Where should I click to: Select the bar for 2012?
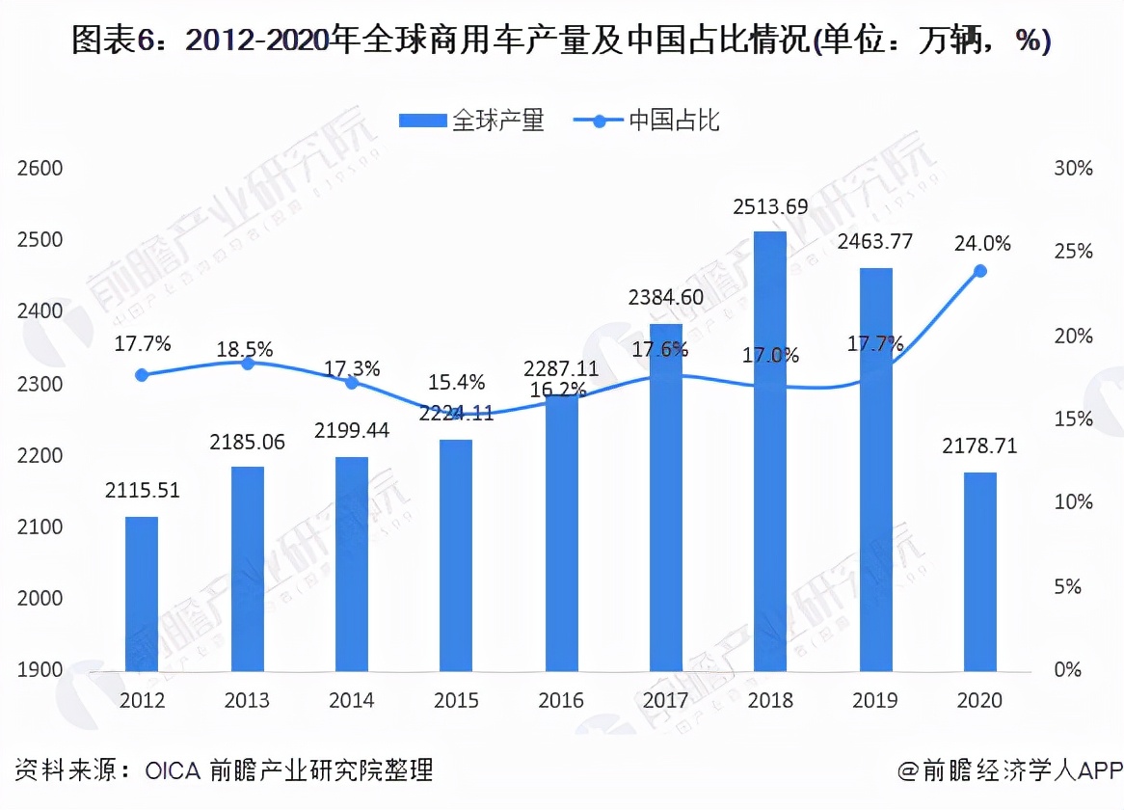tap(142, 593)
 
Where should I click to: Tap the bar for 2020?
tap(980, 571)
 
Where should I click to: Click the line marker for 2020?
tap(980, 271)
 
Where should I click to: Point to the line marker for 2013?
tap(247, 364)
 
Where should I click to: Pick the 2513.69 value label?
tap(770, 206)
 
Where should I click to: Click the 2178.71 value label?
tap(980, 446)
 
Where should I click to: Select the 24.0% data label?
tap(982, 244)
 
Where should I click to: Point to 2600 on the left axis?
tap(40, 169)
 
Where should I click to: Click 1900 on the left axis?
tap(40, 670)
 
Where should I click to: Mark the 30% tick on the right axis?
tap(1074, 169)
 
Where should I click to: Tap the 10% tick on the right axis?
tap(1074, 502)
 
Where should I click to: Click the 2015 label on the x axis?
tap(456, 700)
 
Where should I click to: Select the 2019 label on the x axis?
tap(875, 700)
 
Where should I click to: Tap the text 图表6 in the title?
tap(105, 41)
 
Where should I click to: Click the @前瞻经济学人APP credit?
tap(1010, 770)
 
